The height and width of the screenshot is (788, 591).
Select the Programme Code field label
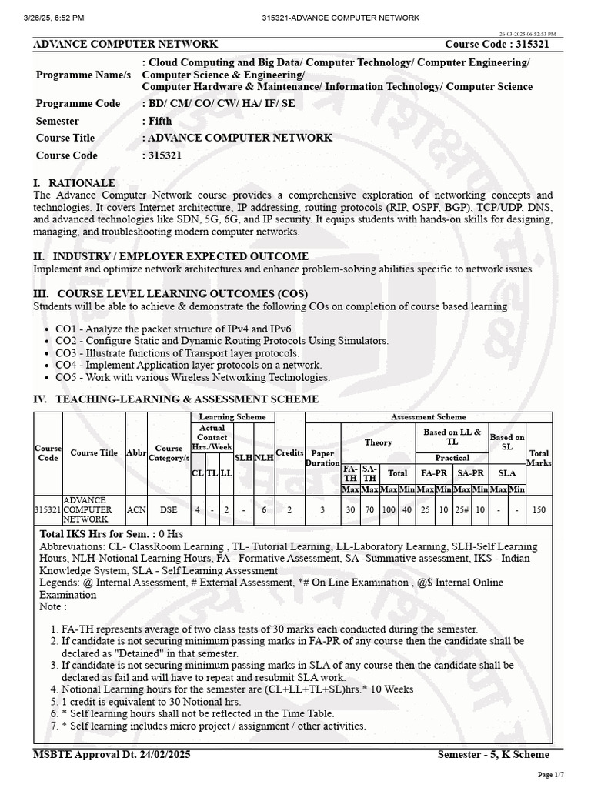tap(78, 104)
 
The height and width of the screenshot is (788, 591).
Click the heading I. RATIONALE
tap(74, 183)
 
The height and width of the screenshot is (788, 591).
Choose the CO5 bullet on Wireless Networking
tap(192, 377)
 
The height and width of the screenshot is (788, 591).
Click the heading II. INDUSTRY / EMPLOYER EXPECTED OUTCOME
tap(171, 256)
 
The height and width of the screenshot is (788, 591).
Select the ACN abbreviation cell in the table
tap(136, 509)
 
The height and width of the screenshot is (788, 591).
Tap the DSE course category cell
tap(168, 509)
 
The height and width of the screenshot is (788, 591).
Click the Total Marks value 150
tap(539, 509)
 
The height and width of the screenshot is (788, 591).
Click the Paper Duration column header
tap(322, 458)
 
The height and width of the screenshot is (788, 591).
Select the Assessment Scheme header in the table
tap(429, 417)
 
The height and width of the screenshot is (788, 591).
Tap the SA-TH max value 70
tap(369, 509)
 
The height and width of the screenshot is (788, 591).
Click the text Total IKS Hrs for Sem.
tap(95, 533)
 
